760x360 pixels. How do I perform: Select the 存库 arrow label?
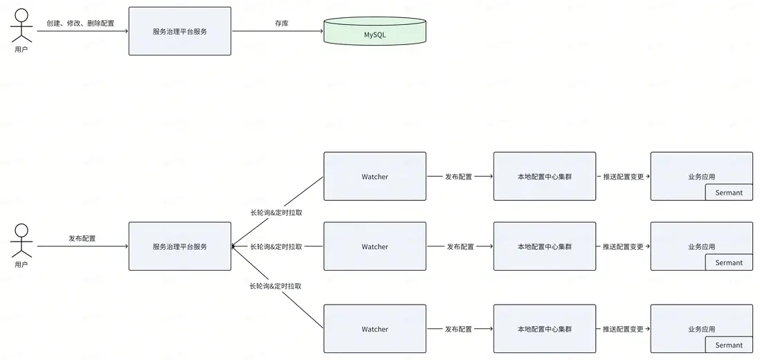pyautogui.click(x=282, y=24)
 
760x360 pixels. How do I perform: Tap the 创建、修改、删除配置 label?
pyautogui.click(x=80, y=24)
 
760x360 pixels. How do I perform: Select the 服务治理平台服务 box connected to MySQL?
pyautogui.click(x=180, y=31)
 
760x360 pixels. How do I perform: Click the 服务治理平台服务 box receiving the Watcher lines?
pyautogui.click(x=180, y=246)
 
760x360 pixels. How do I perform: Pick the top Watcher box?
pyautogui.click(x=374, y=177)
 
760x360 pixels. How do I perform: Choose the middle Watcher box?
pyautogui.click(x=374, y=246)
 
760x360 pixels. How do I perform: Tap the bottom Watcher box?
pyautogui.click(x=374, y=329)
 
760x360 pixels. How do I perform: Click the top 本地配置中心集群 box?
pyautogui.click(x=544, y=177)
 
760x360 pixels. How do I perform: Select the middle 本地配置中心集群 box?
pyautogui.click(x=544, y=246)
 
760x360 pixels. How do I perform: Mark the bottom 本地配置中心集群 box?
pyautogui.click(x=544, y=329)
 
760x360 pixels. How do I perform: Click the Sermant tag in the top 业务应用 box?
pyautogui.click(x=728, y=192)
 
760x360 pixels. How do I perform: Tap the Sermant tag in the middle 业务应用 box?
pyautogui.click(x=728, y=262)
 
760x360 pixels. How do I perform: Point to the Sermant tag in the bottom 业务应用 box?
pyautogui.click(x=728, y=345)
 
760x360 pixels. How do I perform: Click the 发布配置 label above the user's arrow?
pyautogui.click(x=82, y=238)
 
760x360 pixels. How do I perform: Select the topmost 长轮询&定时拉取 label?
pyautogui.click(x=276, y=213)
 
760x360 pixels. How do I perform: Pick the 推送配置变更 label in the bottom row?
pyautogui.click(x=623, y=329)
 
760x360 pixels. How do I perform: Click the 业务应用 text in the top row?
pyautogui.click(x=701, y=177)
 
